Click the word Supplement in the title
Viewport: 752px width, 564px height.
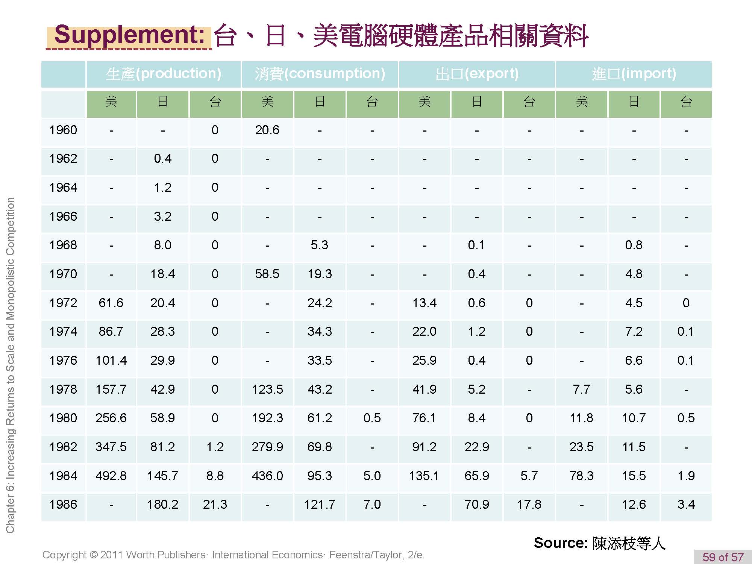click(129, 35)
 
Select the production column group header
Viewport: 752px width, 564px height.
click(164, 74)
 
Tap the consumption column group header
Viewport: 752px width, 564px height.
click(320, 74)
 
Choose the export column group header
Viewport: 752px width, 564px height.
click(477, 74)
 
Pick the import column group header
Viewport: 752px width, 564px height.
click(634, 74)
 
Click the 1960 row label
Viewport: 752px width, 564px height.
click(63, 130)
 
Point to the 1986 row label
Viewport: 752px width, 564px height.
click(63, 504)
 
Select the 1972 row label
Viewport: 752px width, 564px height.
click(63, 303)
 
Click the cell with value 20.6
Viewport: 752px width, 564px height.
click(267, 130)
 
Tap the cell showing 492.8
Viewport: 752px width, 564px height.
click(111, 476)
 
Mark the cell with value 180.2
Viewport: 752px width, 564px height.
click(162, 504)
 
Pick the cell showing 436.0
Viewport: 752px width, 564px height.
click(267, 476)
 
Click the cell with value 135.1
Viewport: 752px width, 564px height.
click(424, 476)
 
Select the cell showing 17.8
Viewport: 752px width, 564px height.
click(529, 504)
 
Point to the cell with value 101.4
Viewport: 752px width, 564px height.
click(111, 360)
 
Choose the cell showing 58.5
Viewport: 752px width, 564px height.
click(267, 274)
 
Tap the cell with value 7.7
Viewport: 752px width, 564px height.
click(581, 389)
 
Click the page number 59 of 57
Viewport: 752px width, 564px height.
click(723, 557)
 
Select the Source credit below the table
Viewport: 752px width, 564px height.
click(599, 543)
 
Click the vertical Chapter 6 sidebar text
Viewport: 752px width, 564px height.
click(11, 365)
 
